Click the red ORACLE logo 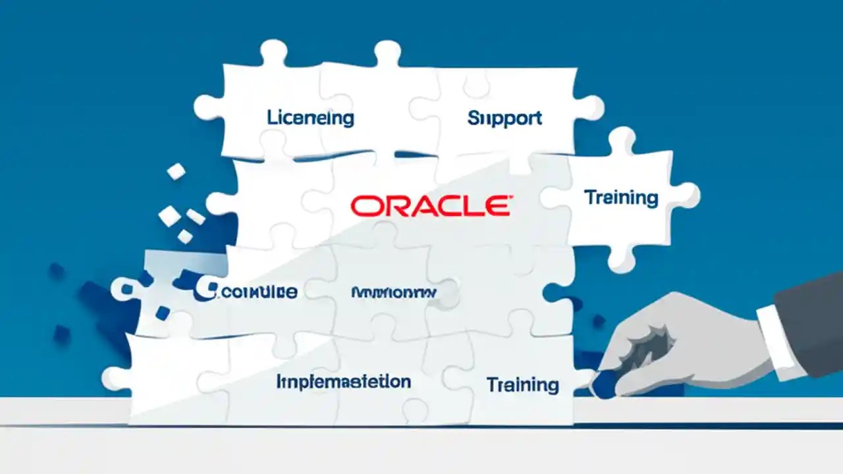point(429,206)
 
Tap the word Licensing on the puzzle point(310,118)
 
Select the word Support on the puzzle point(504,118)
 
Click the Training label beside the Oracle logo point(621,197)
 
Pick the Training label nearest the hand point(523,384)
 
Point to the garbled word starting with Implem point(343,381)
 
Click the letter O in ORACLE point(363,206)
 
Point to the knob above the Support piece point(387,51)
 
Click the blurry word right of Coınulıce point(393,292)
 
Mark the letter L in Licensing point(271,118)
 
